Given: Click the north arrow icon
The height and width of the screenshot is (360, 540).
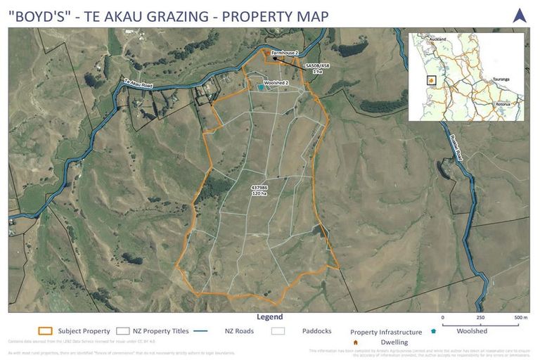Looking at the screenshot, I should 520,15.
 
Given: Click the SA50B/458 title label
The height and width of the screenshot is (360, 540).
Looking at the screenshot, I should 317,65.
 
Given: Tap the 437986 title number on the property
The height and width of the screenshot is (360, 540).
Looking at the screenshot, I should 259,187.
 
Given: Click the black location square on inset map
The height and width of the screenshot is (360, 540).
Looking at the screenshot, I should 431,79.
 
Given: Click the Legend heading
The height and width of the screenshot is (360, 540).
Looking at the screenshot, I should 269,317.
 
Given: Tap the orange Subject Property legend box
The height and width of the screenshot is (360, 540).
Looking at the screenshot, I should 46,330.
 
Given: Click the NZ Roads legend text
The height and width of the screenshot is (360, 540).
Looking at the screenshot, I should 239,330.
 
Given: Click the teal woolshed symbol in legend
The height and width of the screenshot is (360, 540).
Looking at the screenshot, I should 434,330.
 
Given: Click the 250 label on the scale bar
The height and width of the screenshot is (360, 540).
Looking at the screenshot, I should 480,318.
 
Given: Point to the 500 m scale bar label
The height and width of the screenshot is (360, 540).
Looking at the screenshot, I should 520,318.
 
